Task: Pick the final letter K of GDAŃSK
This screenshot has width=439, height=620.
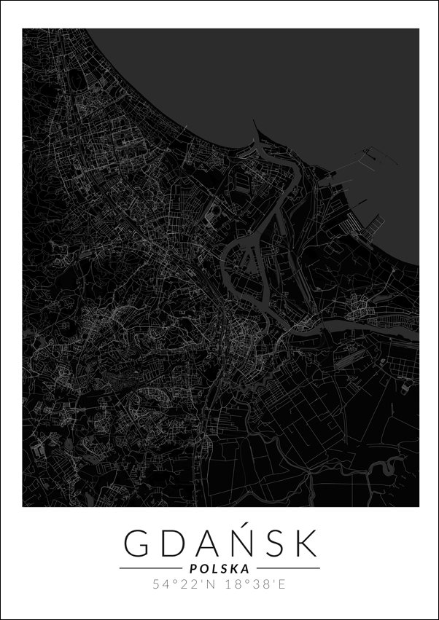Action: click(307, 543)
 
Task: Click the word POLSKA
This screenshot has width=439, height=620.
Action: click(219, 568)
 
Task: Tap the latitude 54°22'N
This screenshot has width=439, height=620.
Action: click(184, 584)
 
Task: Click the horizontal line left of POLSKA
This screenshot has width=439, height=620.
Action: click(150, 568)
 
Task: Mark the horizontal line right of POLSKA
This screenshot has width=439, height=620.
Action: click(289, 568)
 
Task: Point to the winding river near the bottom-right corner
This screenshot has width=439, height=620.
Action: click(379, 466)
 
